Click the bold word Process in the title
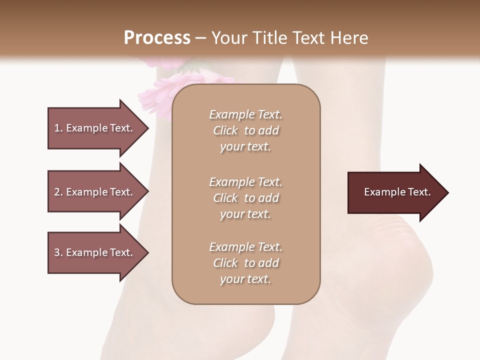point(157,38)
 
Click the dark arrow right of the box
point(395,192)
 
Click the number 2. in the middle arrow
point(58,192)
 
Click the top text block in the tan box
point(245,130)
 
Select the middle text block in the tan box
point(245,198)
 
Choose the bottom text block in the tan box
point(245,263)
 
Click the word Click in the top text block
point(225,130)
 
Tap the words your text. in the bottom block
point(245,279)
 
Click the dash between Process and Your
point(201,38)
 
